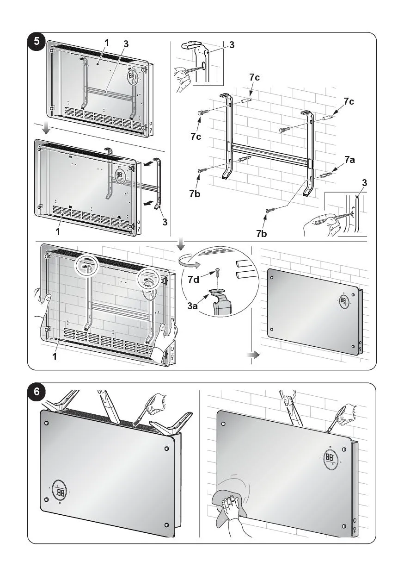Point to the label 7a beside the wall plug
[x=349, y=160]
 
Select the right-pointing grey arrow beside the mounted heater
[x=253, y=355]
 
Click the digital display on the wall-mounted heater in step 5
[x=344, y=300]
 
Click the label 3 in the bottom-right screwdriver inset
[x=365, y=182]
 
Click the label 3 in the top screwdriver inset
[x=232, y=45]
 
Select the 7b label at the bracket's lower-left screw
[x=195, y=194]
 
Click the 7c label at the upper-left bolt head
[x=196, y=137]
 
